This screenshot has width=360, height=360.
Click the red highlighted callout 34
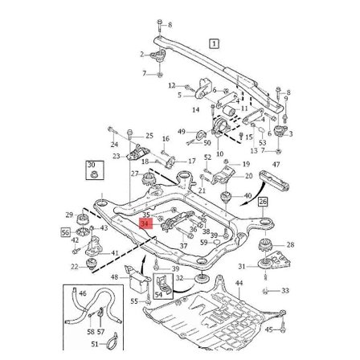[x=145, y=223]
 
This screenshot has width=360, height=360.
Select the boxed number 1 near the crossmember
[x=214, y=43]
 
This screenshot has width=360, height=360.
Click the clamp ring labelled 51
[x=111, y=344]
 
